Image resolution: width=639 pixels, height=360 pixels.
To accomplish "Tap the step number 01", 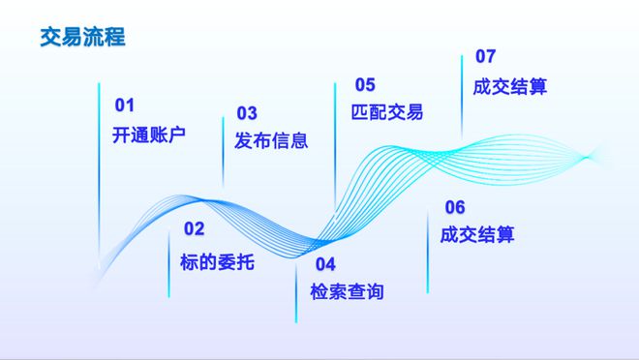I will pos(127,105).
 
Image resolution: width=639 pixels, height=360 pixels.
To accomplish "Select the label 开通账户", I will pos(149,135).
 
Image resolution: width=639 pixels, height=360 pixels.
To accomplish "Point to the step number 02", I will pos(195,229).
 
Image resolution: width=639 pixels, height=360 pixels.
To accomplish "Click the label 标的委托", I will pos(218,260).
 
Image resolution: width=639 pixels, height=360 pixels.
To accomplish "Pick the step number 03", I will pos(247,113).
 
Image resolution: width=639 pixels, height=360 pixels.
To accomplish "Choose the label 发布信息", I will pos(271,141).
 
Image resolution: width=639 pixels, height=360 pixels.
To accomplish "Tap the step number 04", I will pos(324,264).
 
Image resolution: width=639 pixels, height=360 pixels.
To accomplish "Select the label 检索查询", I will pos(347,291).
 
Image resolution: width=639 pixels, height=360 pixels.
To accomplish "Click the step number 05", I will pos(365,84).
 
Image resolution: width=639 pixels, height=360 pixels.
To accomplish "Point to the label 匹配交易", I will pos(387,112).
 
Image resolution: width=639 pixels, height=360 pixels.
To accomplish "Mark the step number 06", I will pos(455,207).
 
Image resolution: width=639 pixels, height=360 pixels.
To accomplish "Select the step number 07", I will pos(485,56).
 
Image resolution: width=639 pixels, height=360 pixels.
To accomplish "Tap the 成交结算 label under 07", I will pos(510,86).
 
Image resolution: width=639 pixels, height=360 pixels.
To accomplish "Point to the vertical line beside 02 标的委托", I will pos(168,256).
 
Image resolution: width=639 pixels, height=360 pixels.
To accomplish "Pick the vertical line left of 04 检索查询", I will pos(296,290).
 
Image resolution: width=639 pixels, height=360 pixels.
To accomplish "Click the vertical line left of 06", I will pos(428,252).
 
